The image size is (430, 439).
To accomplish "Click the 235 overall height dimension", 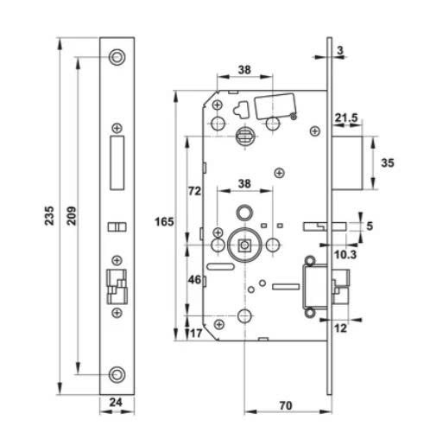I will [x=49, y=213].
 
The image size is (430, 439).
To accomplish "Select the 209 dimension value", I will [x=70, y=213].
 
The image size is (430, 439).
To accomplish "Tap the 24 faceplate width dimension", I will [x=117, y=401].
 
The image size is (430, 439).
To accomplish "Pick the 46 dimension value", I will [x=195, y=281].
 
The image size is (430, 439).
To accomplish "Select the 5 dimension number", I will [x=372, y=226].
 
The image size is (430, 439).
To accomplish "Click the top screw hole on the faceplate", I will [x=117, y=56].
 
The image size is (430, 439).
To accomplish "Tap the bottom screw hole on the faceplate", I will [x=117, y=374].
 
